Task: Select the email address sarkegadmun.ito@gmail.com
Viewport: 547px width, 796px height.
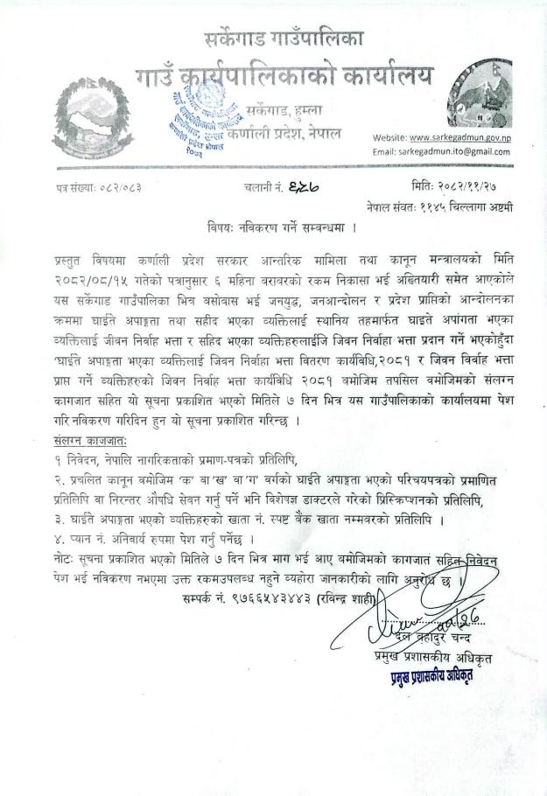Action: [452, 151]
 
